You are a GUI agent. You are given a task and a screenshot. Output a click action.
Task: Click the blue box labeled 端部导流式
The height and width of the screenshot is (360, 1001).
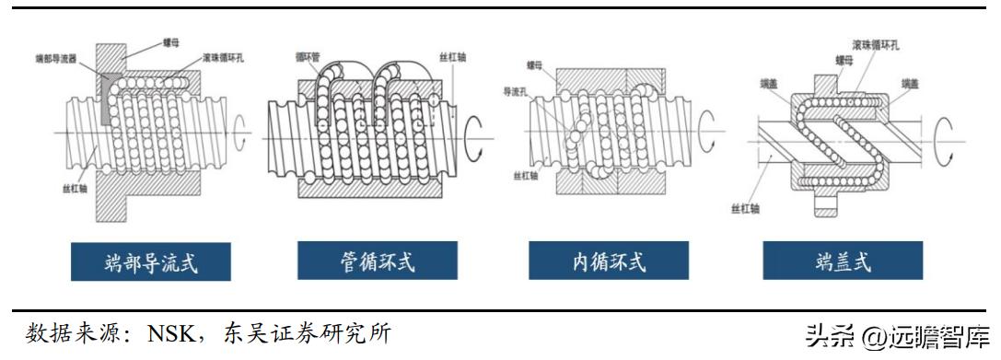(x=151, y=262)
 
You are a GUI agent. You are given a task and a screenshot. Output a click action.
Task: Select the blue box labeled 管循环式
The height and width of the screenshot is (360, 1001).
(x=377, y=262)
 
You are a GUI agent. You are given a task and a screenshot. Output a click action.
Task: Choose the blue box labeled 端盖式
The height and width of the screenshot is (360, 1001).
(x=843, y=262)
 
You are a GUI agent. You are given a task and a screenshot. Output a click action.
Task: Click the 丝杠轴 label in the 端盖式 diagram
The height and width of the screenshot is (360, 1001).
(x=743, y=208)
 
